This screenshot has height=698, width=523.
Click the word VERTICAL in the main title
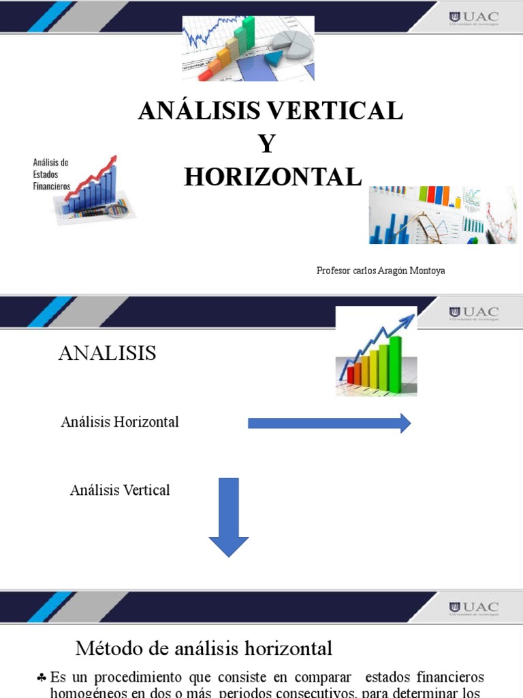333,110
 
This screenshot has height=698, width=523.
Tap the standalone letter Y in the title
267,144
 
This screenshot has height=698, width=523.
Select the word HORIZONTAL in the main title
272,177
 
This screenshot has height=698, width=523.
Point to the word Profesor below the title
334,271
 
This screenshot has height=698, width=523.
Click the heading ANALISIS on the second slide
108,353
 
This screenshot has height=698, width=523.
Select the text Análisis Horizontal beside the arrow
120,422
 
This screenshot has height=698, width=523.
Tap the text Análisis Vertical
120,490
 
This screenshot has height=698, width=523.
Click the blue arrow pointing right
329,423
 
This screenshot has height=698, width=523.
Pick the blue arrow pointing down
229,517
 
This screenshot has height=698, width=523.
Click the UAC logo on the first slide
473,17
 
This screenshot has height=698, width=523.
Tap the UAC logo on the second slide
473,313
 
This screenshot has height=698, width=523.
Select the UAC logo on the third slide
473,607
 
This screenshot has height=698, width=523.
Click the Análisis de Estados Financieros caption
52,174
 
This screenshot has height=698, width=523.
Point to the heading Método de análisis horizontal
204,648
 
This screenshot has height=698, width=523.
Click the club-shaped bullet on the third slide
42,678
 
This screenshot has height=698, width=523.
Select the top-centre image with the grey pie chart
248,48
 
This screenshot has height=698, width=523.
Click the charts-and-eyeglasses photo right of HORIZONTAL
443,215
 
